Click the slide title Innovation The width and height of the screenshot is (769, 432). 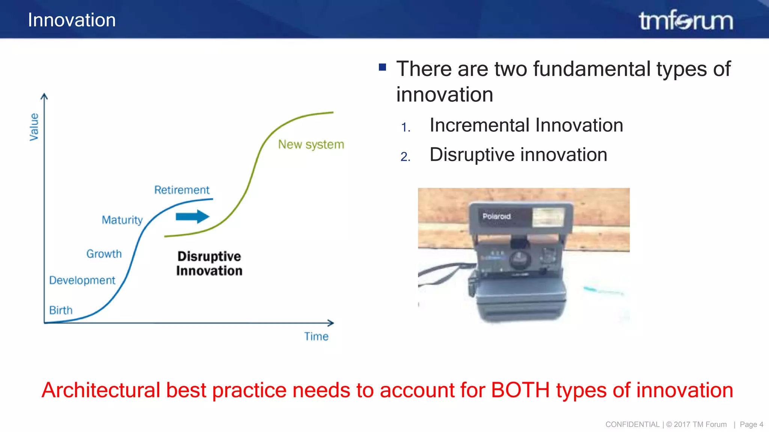[x=72, y=20]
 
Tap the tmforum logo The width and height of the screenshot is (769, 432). [x=686, y=21]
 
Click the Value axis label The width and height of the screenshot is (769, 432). [x=34, y=127]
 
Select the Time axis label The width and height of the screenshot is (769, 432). [x=316, y=336]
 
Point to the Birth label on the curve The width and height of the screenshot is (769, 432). [x=61, y=310]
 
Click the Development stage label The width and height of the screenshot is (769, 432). [x=82, y=280]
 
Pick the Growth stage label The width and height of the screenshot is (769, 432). [x=104, y=254]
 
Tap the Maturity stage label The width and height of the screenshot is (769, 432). [x=122, y=220]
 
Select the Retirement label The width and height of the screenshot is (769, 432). [x=182, y=190]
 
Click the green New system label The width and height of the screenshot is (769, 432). [x=311, y=144]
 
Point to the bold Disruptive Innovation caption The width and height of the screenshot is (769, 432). [x=209, y=264]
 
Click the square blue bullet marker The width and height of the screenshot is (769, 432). [x=383, y=67]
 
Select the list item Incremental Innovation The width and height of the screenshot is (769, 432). [x=526, y=125]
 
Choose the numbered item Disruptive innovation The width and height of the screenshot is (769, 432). [x=518, y=155]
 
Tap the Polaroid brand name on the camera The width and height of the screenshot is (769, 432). [x=496, y=216]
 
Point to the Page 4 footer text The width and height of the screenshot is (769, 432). [x=751, y=424]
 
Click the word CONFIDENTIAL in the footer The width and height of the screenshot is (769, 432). [x=632, y=424]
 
